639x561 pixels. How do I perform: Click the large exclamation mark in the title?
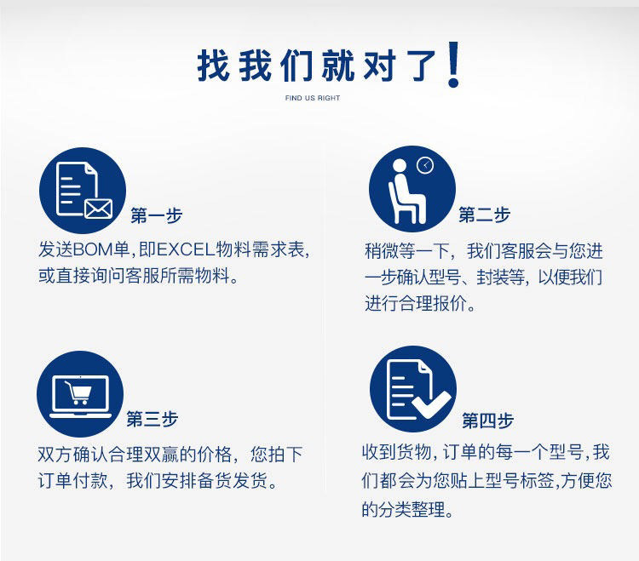pos(453,65)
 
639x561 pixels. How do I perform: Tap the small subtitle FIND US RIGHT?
pos(313,98)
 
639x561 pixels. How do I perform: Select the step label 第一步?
pos(157,215)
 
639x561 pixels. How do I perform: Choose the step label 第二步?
pos(485,215)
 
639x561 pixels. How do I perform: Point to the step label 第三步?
pos(153,419)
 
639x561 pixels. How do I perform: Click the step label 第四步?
pos(488,421)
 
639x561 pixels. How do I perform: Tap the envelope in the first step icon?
pos(98,209)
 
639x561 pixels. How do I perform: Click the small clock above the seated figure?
pos(425,165)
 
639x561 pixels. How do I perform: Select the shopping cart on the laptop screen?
pos(78,392)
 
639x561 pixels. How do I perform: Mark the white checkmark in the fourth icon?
pos(431,404)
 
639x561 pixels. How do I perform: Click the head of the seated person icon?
pos(400,166)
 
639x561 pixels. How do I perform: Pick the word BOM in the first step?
pos(93,249)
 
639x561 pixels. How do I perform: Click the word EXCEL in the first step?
pos(186,249)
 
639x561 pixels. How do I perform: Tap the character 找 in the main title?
pos(213,66)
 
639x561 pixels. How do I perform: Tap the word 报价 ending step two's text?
pos(450,303)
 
